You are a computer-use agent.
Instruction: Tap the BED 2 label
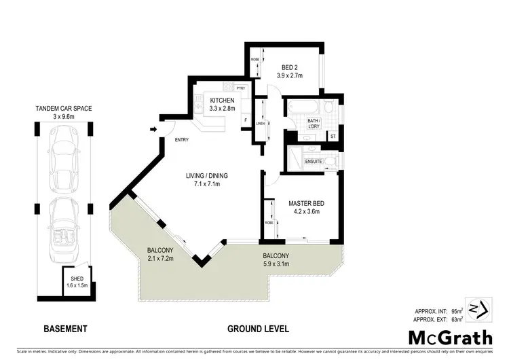point(292,67)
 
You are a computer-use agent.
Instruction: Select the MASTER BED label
point(303,203)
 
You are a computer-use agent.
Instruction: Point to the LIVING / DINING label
point(207,176)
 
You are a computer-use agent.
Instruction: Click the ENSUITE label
point(312,162)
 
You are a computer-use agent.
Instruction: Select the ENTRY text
point(181,141)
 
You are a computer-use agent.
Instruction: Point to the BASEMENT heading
point(65,329)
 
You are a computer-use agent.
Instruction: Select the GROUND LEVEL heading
point(258,329)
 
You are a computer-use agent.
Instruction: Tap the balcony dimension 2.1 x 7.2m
point(161,259)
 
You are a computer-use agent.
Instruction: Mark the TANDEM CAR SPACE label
point(64,108)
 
